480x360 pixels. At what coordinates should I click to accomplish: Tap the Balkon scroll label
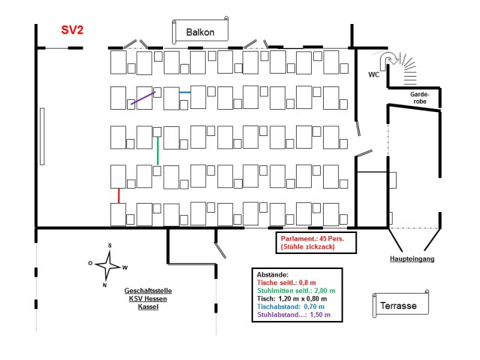click(201, 32)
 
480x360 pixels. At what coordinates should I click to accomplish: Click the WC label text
click(373, 74)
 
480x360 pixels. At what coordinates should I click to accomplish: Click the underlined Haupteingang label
click(412, 258)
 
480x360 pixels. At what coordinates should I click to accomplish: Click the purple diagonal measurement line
click(141, 99)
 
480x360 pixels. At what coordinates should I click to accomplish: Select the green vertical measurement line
click(157, 150)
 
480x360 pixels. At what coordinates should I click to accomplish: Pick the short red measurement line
click(119, 195)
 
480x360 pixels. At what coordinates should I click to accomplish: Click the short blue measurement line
click(185, 92)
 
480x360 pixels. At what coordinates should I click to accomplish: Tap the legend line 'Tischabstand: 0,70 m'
click(291, 306)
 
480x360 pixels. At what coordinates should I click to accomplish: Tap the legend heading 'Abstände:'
click(273, 275)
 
